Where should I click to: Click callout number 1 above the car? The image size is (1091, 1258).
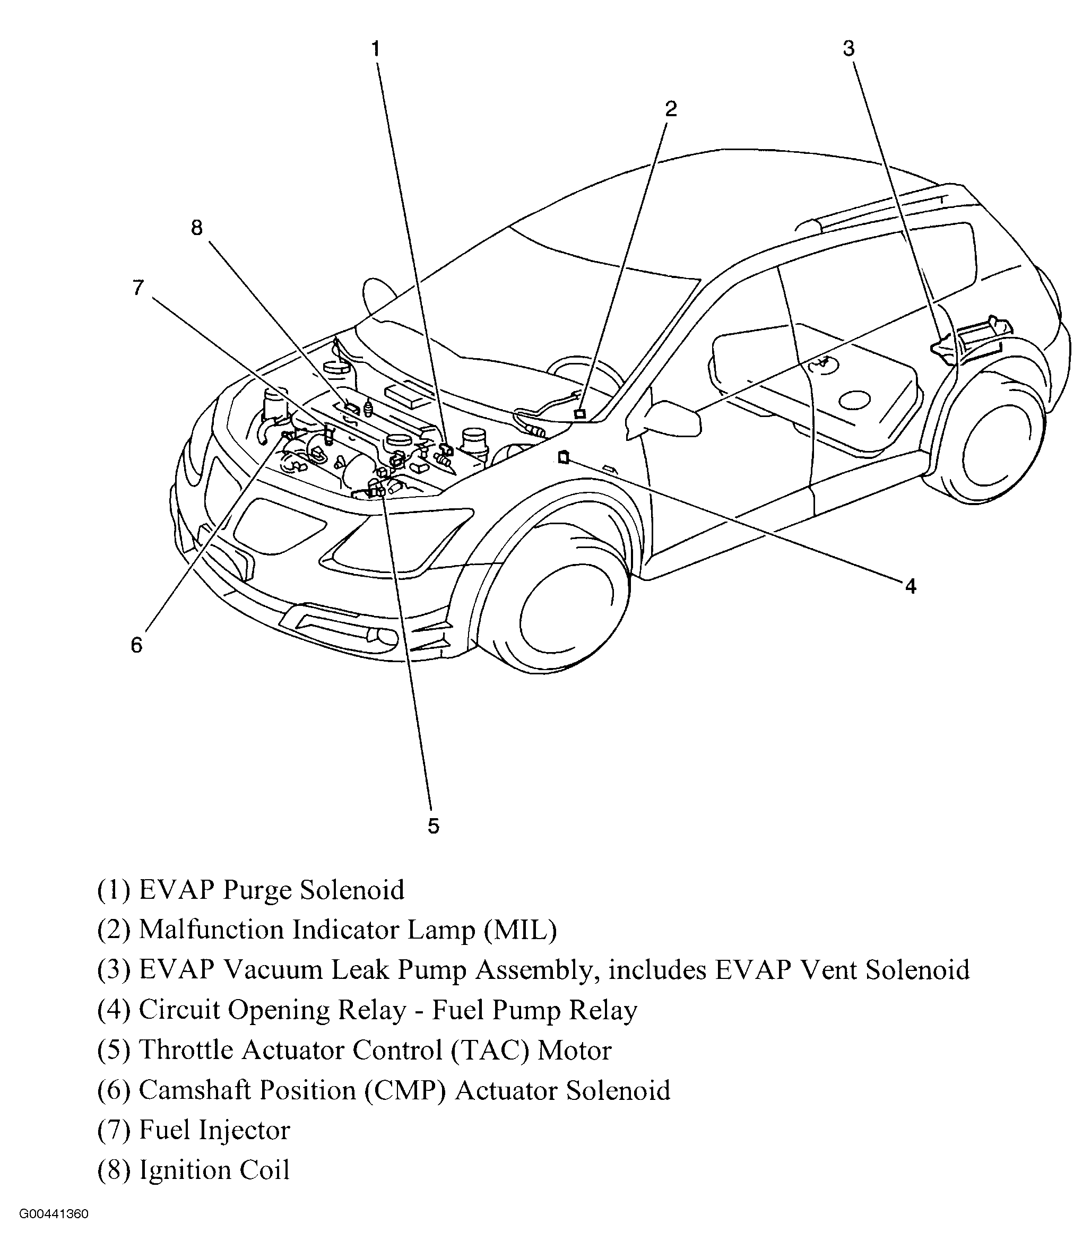(376, 49)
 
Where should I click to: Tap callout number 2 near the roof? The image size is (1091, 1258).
(670, 109)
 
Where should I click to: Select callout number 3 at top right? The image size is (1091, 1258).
(848, 49)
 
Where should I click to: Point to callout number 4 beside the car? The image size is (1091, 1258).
(910, 586)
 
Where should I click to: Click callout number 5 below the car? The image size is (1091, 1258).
(433, 826)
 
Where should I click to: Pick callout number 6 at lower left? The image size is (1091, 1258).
(136, 645)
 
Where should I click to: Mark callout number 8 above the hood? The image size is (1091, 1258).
(197, 228)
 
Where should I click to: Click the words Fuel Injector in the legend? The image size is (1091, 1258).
(214, 1130)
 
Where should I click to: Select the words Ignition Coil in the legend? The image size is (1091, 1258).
(214, 1170)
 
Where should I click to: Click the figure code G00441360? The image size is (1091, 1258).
(54, 1232)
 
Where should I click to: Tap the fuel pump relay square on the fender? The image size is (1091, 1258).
(563, 457)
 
